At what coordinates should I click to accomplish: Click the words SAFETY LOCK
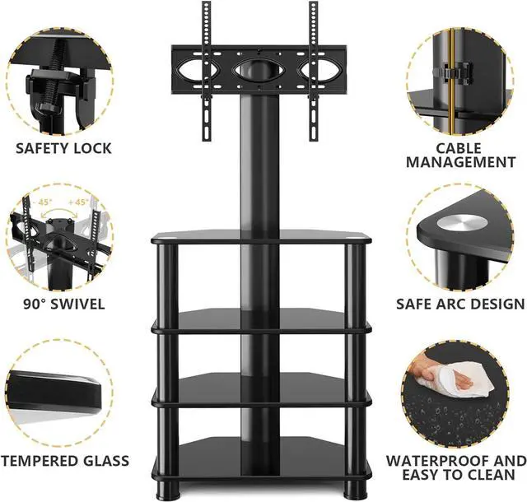click(x=63, y=148)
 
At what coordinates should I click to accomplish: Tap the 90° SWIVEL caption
click(x=64, y=304)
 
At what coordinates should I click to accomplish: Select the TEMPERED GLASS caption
click(x=64, y=460)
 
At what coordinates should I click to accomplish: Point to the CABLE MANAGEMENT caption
click(x=461, y=155)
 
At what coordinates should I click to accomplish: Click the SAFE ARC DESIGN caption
click(x=460, y=304)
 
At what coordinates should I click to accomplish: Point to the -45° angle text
click(x=44, y=202)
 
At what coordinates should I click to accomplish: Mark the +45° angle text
click(x=78, y=202)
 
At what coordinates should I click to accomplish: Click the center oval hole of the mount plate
click(x=259, y=71)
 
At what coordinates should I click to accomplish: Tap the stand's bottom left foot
click(x=170, y=486)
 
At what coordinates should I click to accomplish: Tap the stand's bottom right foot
click(x=354, y=486)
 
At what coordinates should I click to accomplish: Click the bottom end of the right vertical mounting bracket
click(x=314, y=139)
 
